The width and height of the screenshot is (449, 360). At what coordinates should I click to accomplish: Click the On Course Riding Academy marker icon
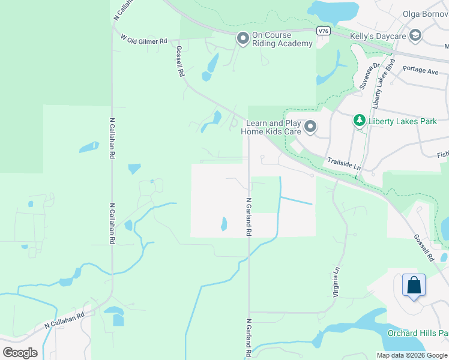pos(243,39)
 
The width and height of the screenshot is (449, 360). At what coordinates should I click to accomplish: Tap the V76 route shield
pos(323,30)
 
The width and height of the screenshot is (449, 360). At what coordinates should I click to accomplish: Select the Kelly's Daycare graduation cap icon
pos(415,37)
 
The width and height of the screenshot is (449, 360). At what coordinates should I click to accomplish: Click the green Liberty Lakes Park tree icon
pos(359,121)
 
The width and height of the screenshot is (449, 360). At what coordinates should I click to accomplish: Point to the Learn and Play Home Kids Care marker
pos(310,127)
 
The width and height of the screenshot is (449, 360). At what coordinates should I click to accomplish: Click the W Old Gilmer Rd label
pos(144,40)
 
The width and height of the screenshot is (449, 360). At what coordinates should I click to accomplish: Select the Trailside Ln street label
pos(344,163)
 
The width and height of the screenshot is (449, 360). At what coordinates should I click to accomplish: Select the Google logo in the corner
pos(20,352)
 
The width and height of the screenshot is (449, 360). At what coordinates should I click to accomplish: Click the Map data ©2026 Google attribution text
pos(412,355)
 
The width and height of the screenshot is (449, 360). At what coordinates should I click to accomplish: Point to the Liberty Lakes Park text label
pos(403,121)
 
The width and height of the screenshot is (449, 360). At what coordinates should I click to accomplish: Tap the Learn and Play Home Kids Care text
pos(271,127)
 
